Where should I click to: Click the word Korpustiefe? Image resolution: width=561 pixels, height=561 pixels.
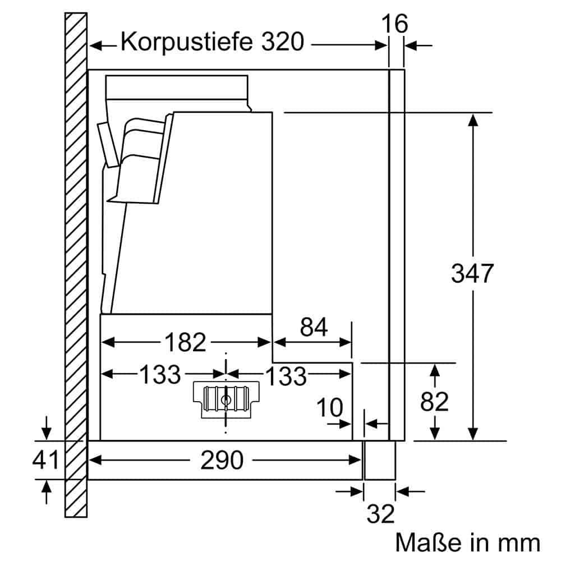pyautogui.click(x=186, y=42)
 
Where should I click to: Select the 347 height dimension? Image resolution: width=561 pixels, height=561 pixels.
pyautogui.click(x=472, y=273)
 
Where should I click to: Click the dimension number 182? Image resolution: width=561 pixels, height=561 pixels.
pyautogui.click(x=185, y=342)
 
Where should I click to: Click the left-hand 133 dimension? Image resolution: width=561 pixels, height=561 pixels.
pyautogui.click(x=152, y=374)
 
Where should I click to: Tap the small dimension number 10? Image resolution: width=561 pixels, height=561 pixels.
pyautogui.click(x=330, y=408)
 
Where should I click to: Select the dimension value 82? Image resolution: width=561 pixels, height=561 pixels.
pyautogui.click(x=434, y=402)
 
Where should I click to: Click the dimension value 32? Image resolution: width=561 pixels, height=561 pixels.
pyautogui.click(x=381, y=514)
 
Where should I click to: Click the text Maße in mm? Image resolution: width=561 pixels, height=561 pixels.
pyautogui.click(x=467, y=542)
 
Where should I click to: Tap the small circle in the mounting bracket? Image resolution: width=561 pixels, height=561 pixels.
pyautogui.click(x=226, y=400)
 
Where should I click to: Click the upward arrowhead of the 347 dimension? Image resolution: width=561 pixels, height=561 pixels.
pyautogui.click(x=473, y=119)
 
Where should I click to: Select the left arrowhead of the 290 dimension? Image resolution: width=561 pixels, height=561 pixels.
pyautogui.click(x=94, y=460)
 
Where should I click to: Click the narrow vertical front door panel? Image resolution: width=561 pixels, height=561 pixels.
pyautogui.click(x=397, y=252)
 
